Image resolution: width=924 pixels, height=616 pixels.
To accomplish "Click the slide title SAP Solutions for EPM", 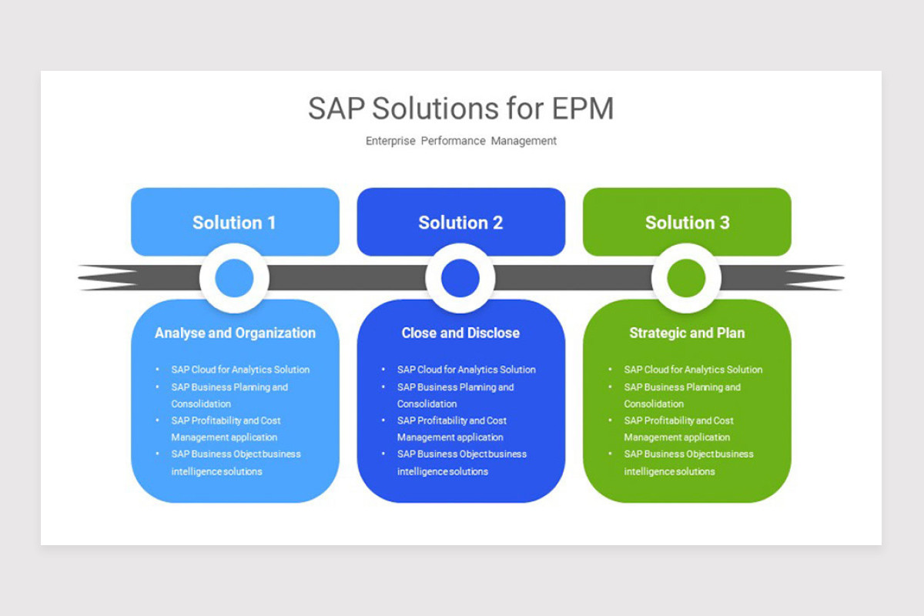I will [x=460, y=109].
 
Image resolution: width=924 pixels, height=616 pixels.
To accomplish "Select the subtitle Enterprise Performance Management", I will [x=460, y=141].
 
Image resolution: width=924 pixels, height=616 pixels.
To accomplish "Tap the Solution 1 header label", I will [x=234, y=223].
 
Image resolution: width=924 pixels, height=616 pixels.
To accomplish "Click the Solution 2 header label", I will [x=460, y=223].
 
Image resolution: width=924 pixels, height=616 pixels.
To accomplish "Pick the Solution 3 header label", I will [x=687, y=223].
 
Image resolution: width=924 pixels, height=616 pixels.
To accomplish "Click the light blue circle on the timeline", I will [x=234, y=278].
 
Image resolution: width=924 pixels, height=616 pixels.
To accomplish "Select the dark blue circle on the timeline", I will [x=460, y=278].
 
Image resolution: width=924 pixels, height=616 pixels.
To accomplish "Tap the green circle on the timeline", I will [x=686, y=278].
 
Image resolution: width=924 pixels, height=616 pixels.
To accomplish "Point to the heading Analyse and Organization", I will [x=235, y=333].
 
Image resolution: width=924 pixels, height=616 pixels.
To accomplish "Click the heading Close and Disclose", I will [x=460, y=333].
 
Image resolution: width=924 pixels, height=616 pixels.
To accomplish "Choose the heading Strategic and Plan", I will [x=687, y=333].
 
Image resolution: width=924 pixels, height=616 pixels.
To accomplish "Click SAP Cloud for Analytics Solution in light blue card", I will [x=240, y=370].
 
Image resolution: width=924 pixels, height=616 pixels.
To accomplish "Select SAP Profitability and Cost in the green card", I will [x=678, y=420].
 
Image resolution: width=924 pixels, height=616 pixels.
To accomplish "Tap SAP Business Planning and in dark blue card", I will [x=455, y=387].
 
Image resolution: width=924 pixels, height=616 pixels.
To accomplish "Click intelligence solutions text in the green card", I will [x=669, y=471].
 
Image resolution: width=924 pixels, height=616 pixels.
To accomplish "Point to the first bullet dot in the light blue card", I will [x=158, y=370].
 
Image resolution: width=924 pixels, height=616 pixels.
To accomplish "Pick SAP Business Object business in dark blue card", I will [x=462, y=454].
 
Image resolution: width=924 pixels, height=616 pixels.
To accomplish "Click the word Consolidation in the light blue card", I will [x=201, y=403].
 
